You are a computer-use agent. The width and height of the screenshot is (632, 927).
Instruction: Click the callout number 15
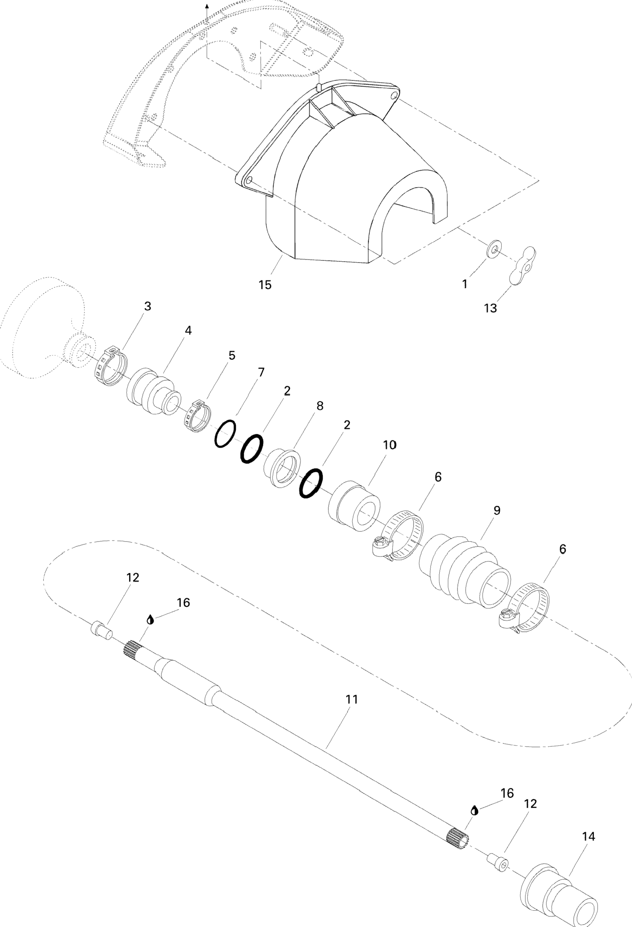point(265,285)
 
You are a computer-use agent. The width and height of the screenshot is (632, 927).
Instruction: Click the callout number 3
point(147,306)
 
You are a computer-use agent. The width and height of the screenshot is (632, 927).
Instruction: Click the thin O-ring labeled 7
point(225,433)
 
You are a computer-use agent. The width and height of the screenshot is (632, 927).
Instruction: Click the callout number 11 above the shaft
point(352,699)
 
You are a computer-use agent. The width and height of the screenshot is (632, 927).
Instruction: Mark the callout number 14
point(588,837)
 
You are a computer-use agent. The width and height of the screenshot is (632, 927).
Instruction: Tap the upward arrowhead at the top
point(207,6)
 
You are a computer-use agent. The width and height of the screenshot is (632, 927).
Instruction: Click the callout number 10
point(390,445)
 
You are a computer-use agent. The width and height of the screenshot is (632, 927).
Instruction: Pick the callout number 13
point(490,308)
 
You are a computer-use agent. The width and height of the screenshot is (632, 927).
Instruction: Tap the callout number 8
point(320,406)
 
